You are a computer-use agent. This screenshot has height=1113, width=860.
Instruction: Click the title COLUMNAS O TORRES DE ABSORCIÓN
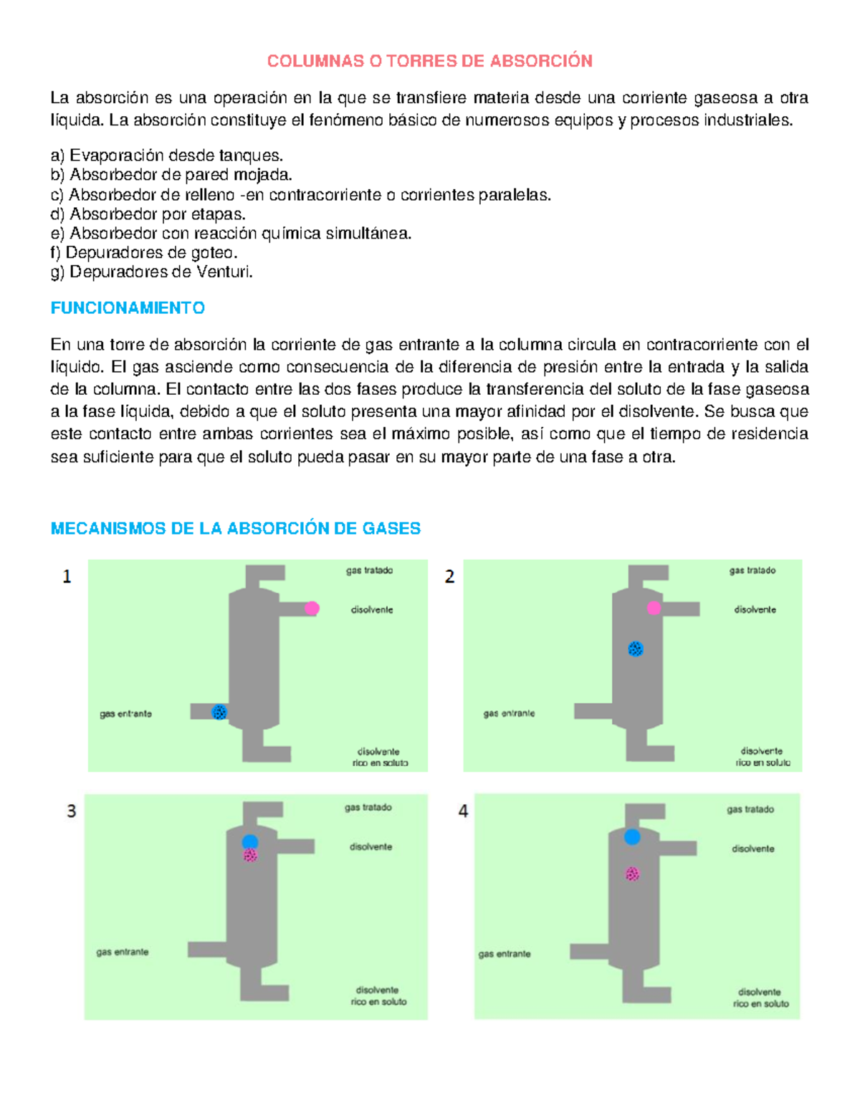point(429,61)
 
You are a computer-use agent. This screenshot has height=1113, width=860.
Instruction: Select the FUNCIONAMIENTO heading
point(128,308)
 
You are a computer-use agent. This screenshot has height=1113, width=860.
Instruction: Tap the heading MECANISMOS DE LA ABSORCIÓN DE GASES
point(235,529)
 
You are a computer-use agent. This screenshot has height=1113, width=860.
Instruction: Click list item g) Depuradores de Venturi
point(151,272)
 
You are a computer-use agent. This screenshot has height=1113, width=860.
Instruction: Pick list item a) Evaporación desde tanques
point(166,156)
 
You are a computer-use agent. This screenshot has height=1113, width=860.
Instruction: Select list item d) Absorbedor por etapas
point(148,214)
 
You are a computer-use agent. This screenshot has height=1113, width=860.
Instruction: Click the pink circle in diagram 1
point(312,608)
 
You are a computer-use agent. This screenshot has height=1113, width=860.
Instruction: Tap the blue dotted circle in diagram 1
point(219,712)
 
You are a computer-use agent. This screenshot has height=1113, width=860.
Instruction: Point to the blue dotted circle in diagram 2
point(635,649)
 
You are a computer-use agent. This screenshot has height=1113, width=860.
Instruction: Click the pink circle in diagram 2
point(654,608)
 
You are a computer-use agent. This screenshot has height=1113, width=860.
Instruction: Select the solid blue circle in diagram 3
point(249,841)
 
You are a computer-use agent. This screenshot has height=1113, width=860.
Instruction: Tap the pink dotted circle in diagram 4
point(631,874)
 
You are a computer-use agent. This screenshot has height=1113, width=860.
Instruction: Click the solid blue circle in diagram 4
point(631,836)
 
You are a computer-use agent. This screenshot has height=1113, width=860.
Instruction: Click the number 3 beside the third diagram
point(71,811)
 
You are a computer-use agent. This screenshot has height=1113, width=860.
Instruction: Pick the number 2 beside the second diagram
point(449,577)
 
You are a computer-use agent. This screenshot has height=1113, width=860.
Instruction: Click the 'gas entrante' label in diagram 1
point(125,714)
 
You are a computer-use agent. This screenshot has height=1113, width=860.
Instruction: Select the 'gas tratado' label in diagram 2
point(752,570)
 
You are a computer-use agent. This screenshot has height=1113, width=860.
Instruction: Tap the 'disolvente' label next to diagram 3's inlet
point(371,846)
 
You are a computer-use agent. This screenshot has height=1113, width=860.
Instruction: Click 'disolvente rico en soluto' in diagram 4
point(760,998)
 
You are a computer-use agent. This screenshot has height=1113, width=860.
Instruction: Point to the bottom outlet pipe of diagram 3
point(264,992)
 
